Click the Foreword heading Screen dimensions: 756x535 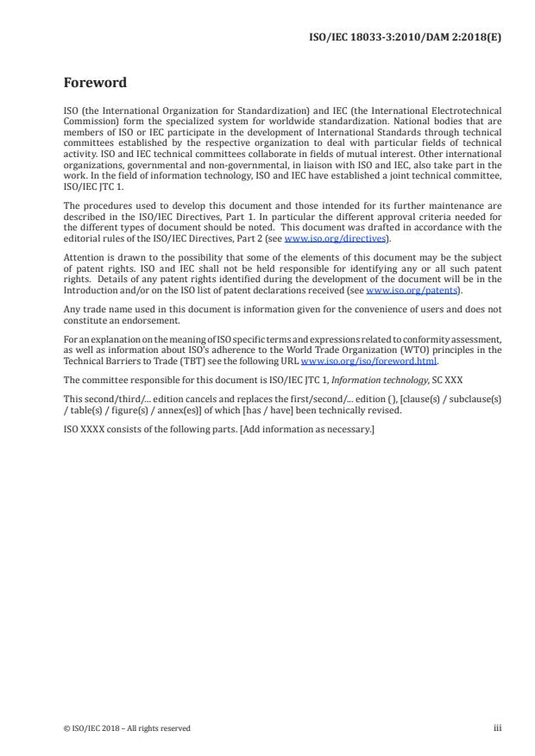click(x=95, y=83)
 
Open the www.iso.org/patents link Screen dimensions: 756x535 click(x=403, y=291)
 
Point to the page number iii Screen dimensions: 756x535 click(x=497, y=728)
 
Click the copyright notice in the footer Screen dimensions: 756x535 click(x=127, y=728)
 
